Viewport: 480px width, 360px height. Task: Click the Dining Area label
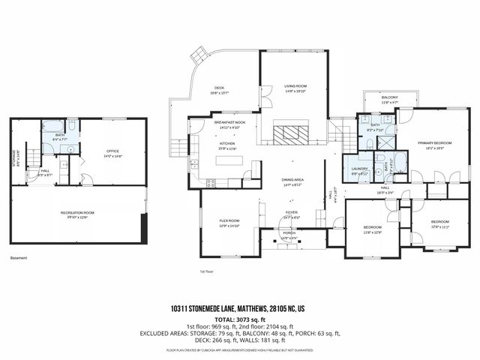pyautogui.click(x=291, y=180)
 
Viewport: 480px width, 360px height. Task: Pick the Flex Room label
pyautogui.click(x=229, y=220)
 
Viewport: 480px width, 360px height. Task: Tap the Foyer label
pyautogui.click(x=291, y=212)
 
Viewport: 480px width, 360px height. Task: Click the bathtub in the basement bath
pyautogui.click(x=55, y=125)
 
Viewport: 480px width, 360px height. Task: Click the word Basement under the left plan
pyautogui.click(x=19, y=258)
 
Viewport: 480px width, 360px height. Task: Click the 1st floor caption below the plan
pyautogui.click(x=206, y=271)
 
